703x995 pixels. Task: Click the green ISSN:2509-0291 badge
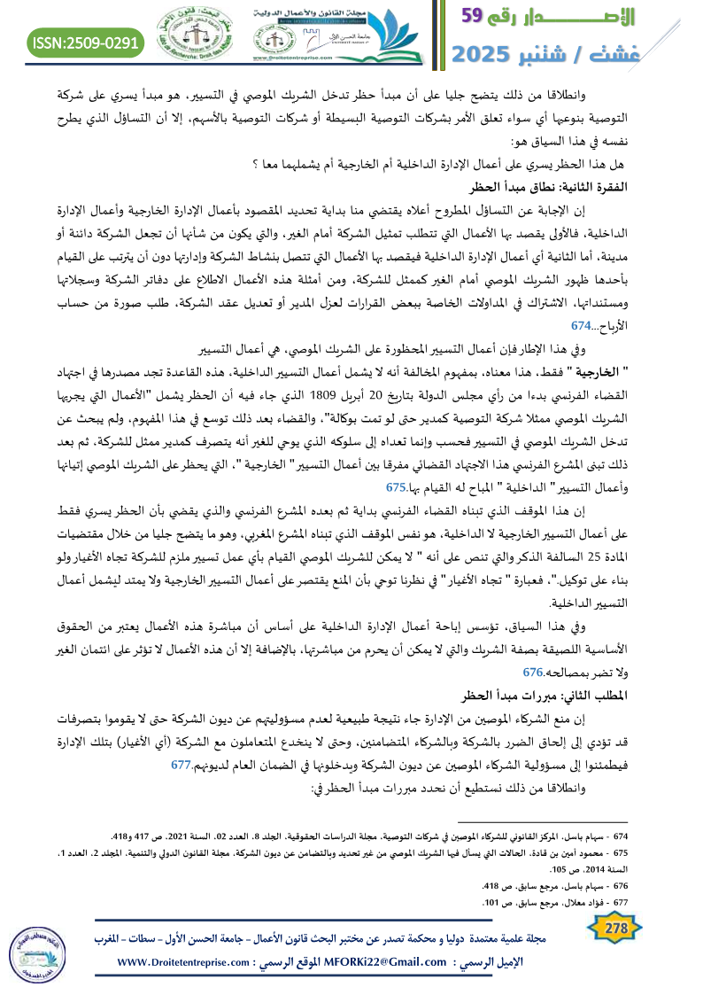pos(86,42)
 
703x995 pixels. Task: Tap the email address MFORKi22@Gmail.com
pos(376,962)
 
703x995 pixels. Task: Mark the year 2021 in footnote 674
pos(203,836)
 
